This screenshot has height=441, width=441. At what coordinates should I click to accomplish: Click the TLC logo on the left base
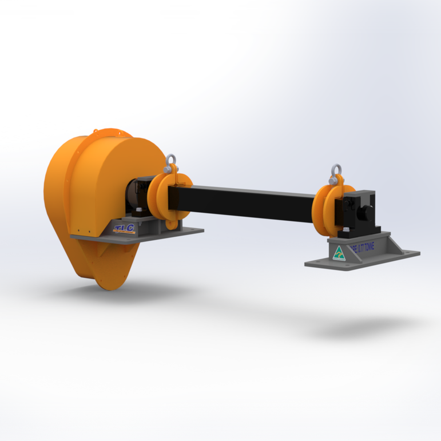click(x=124, y=229)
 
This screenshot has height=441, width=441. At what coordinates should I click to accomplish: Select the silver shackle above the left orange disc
click(x=171, y=165)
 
